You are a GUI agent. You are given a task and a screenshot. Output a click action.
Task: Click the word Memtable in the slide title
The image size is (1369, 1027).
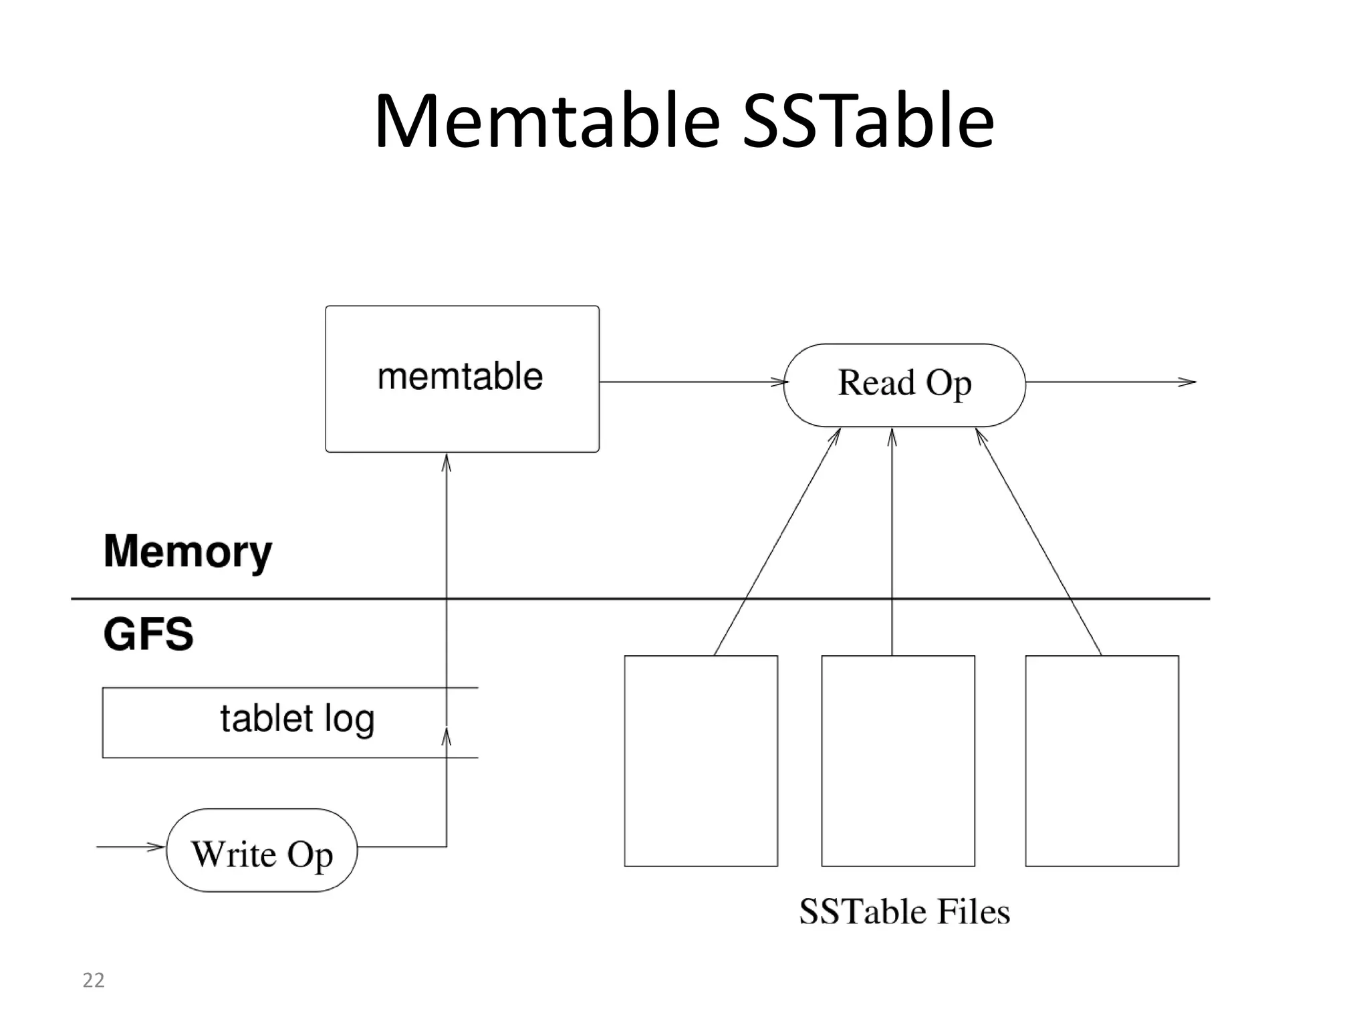[547, 122]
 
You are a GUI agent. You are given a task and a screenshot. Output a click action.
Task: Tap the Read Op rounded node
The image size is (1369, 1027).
[904, 384]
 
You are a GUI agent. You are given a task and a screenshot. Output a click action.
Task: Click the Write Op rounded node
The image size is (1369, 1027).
[261, 850]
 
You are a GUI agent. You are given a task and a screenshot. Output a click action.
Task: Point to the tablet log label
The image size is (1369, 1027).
[297, 719]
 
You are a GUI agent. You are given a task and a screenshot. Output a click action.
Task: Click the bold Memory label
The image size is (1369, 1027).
[188, 552]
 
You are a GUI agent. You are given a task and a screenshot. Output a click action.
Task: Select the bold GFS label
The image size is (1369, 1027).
[148, 634]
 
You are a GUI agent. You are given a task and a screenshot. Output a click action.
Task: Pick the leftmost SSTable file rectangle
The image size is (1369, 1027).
[701, 760]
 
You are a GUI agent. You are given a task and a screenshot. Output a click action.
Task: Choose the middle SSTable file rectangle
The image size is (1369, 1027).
[898, 760]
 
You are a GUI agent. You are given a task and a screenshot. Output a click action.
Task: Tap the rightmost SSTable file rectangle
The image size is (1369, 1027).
[1102, 760]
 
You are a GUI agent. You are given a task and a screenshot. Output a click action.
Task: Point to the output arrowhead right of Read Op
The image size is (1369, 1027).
[1187, 382]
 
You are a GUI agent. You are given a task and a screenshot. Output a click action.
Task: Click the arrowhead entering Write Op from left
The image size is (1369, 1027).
[156, 847]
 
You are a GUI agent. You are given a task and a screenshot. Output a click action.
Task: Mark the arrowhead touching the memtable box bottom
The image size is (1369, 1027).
[447, 462]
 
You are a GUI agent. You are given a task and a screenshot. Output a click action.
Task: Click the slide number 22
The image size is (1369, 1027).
[94, 980]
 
